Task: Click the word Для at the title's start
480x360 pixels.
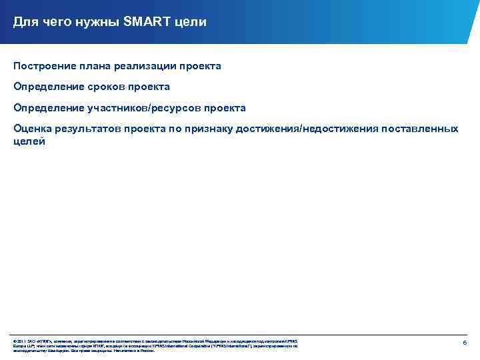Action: [x=25, y=23]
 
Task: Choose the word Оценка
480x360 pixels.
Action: [x=32, y=128]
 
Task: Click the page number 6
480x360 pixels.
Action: [x=465, y=342]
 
